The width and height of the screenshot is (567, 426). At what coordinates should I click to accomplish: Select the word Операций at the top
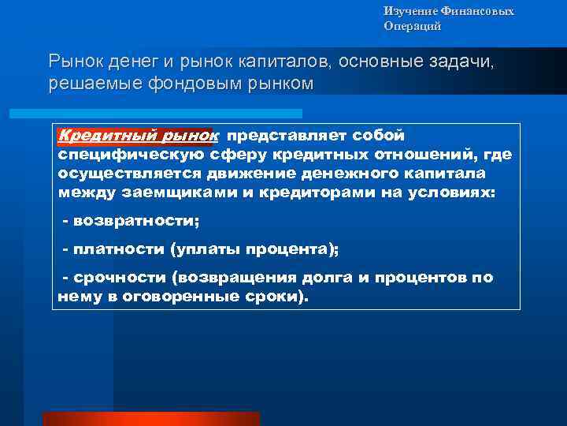click(x=412, y=26)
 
